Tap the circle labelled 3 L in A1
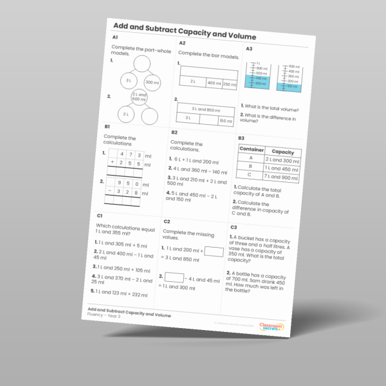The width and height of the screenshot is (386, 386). [129, 81]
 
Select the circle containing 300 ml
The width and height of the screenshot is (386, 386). [152, 82]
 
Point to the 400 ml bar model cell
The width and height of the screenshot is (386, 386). [213, 83]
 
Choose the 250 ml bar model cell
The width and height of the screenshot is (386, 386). [230, 84]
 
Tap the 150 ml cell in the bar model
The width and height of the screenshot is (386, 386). [225, 121]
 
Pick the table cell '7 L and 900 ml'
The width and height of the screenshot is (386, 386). [280, 178]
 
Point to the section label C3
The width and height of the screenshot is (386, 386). [234, 227]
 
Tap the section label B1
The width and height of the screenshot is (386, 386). [107, 127]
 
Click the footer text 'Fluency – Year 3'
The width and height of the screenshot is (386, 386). [106, 315]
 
